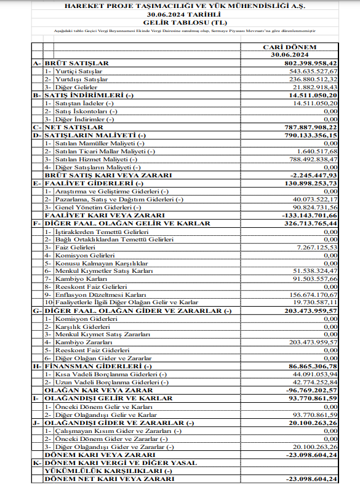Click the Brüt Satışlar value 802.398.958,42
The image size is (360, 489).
303,63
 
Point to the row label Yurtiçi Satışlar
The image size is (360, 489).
76,71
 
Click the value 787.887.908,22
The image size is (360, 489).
303,127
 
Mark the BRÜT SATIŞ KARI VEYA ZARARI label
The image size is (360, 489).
99,174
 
